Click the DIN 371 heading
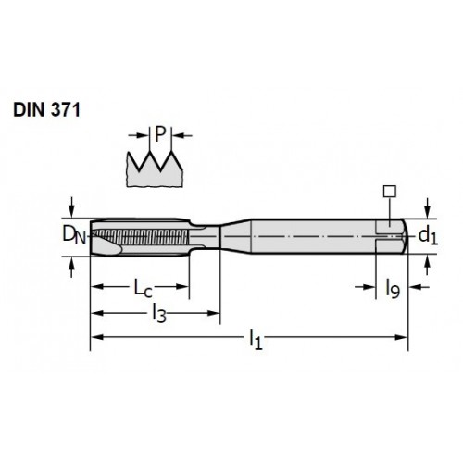point(46,109)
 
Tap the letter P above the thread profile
point(160,134)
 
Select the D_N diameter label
point(74,234)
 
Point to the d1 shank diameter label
point(428,236)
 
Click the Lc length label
point(143,288)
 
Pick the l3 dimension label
point(159,314)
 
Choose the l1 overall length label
point(256,339)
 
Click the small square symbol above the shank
point(390,191)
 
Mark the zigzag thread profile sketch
point(155,169)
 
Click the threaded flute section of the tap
point(140,237)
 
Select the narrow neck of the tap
point(205,237)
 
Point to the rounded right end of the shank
point(406,236)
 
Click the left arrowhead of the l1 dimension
point(96,337)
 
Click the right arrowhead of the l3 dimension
point(214,313)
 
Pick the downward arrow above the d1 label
point(428,208)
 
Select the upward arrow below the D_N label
point(71,268)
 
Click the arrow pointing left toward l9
point(419,287)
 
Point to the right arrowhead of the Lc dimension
point(182,286)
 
